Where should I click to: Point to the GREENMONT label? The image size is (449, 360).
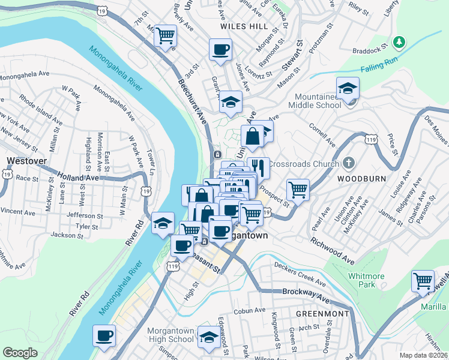click(322, 313)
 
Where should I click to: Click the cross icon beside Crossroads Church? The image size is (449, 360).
click(349, 163)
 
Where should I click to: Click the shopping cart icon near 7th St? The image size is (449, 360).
click(165, 35)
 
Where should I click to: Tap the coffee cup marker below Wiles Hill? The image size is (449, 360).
click(220, 49)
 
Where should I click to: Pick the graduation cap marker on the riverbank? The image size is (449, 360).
click(162, 223)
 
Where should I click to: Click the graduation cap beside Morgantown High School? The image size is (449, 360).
click(209, 337)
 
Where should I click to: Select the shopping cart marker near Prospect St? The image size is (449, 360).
click(298, 190)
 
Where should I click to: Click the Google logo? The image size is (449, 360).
click(20, 353)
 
